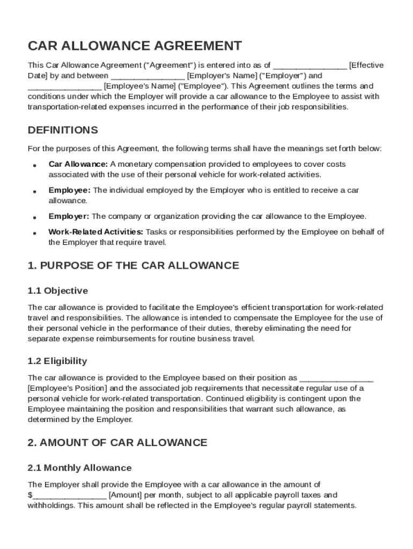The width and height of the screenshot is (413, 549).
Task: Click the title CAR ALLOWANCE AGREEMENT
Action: tap(135, 46)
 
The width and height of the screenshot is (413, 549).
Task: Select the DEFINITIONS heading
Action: tap(63, 130)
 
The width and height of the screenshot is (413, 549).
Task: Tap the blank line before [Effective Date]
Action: tap(310, 66)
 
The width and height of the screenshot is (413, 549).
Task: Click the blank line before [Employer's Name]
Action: tap(148, 76)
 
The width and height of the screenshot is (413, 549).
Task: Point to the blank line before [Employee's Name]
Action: tap(64, 86)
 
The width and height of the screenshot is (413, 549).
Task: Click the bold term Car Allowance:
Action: tap(78, 164)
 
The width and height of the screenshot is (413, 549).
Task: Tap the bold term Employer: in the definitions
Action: tap(69, 217)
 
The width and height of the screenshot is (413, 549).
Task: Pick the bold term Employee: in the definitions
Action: tap(70, 190)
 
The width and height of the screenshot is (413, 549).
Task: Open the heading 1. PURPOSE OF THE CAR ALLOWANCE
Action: tap(133, 266)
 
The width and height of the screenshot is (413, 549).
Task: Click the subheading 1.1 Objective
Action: tap(57, 291)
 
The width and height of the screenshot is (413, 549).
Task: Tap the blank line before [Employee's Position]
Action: tap(336, 378)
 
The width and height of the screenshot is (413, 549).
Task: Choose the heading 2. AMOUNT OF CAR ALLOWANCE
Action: tap(117, 443)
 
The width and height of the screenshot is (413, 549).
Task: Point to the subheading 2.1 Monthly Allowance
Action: tap(79, 468)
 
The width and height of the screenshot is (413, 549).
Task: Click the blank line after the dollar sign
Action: tap(69, 495)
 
